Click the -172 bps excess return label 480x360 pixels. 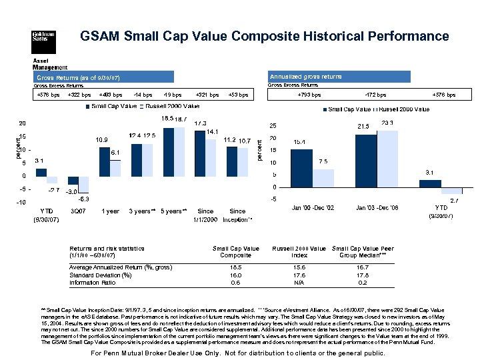click(x=377, y=95)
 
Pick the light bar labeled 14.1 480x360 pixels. click(x=211, y=157)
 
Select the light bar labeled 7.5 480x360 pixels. click(x=323, y=178)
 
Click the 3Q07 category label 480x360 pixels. click(x=77, y=211)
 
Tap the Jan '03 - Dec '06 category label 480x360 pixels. click(x=377, y=209)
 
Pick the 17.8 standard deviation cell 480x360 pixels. click(x=363, y=275)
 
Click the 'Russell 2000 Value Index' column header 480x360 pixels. click(x=299, y=252)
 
